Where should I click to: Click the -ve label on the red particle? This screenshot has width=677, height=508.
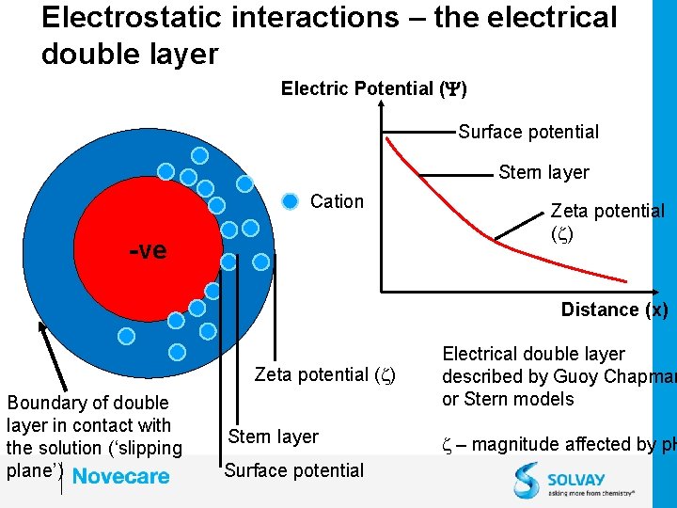[148, 251]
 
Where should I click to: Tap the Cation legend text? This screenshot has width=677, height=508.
[337, 201]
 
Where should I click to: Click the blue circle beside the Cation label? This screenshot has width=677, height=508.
[291, 200]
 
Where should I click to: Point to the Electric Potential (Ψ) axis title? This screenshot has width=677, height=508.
[374, 88]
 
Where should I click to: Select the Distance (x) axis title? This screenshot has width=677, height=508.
[614, 310]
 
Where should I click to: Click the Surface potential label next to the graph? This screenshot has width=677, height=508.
[528, 132]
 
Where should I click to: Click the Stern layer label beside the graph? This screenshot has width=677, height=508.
[543, 172]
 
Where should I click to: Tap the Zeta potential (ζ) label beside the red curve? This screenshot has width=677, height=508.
[606, 222]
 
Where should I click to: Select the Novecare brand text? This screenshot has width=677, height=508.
[121, 477]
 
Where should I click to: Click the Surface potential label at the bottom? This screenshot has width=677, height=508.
[293, 470]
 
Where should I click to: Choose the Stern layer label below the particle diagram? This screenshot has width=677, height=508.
[274, 437]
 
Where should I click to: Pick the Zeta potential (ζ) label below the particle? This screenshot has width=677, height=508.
[324, 374]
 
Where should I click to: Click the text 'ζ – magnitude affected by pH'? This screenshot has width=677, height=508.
[559, 444]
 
